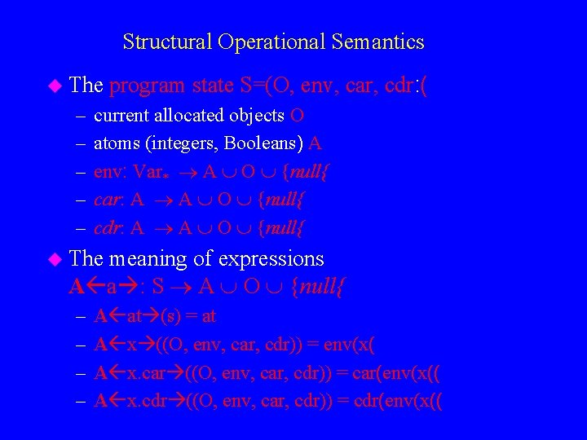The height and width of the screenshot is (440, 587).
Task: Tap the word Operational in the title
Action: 271,42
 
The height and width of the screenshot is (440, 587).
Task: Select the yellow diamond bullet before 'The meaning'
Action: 55,259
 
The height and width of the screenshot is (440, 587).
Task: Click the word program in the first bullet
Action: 148,85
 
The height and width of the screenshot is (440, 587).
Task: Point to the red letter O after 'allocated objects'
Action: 298,116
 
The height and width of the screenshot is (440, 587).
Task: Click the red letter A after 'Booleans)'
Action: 316,144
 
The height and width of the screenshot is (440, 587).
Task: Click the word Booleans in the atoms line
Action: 261,144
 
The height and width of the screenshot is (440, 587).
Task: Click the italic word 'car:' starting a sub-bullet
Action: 109,200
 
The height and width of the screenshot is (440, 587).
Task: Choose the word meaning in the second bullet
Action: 140,259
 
